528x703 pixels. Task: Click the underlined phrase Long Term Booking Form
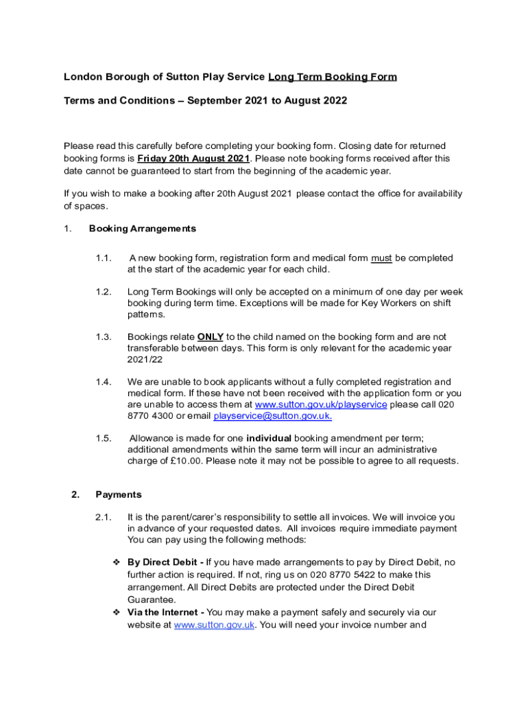(x=332, y=77)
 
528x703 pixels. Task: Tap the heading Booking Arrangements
(x=143, y=229)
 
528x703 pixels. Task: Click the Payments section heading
(x=119, y=494)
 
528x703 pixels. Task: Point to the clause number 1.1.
(x=104, y=258)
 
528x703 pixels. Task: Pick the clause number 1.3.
(x=104, y=337)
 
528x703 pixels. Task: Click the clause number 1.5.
(x=104, y=438)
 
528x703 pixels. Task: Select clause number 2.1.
(x=104, y=517)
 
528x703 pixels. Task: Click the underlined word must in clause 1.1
(x=381, y=258)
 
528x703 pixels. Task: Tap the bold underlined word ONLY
(x=211, y=337)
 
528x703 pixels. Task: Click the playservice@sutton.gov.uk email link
(x=273, y=416)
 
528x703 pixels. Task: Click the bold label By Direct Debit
(x=164, y=562)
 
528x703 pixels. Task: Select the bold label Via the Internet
(x=165, y=612)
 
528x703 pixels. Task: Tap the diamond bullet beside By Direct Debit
(x=117, y=562)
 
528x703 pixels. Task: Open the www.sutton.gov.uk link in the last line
(x=215, y=625)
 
